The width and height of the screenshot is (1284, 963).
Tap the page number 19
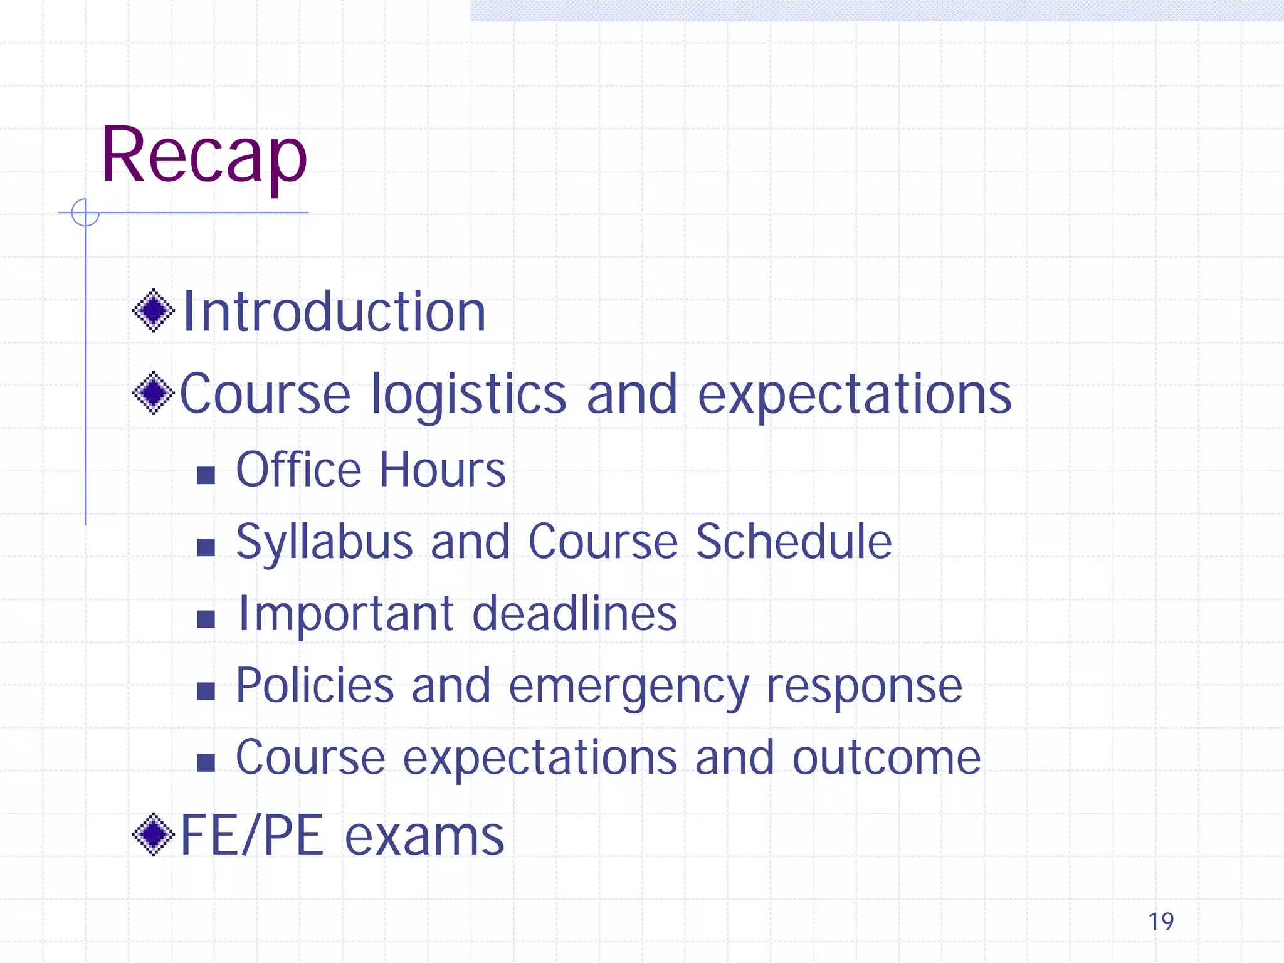[1160, 922]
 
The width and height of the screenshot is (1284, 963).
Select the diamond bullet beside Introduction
[153, 310]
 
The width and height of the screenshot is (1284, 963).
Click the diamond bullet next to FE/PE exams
[153, 834]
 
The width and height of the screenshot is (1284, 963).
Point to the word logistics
[469, 395]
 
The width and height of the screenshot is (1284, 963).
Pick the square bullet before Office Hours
[206, 475]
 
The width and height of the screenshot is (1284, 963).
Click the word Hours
[442, 470]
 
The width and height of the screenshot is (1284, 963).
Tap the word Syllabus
[324, 542]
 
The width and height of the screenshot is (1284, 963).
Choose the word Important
[346, 614]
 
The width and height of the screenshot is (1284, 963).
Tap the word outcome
[886, 758]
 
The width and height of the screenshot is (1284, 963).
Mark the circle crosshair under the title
[85, 213]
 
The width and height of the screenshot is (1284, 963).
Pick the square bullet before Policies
[206, 691]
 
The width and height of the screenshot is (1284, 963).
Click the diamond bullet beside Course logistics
[153, 393]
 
